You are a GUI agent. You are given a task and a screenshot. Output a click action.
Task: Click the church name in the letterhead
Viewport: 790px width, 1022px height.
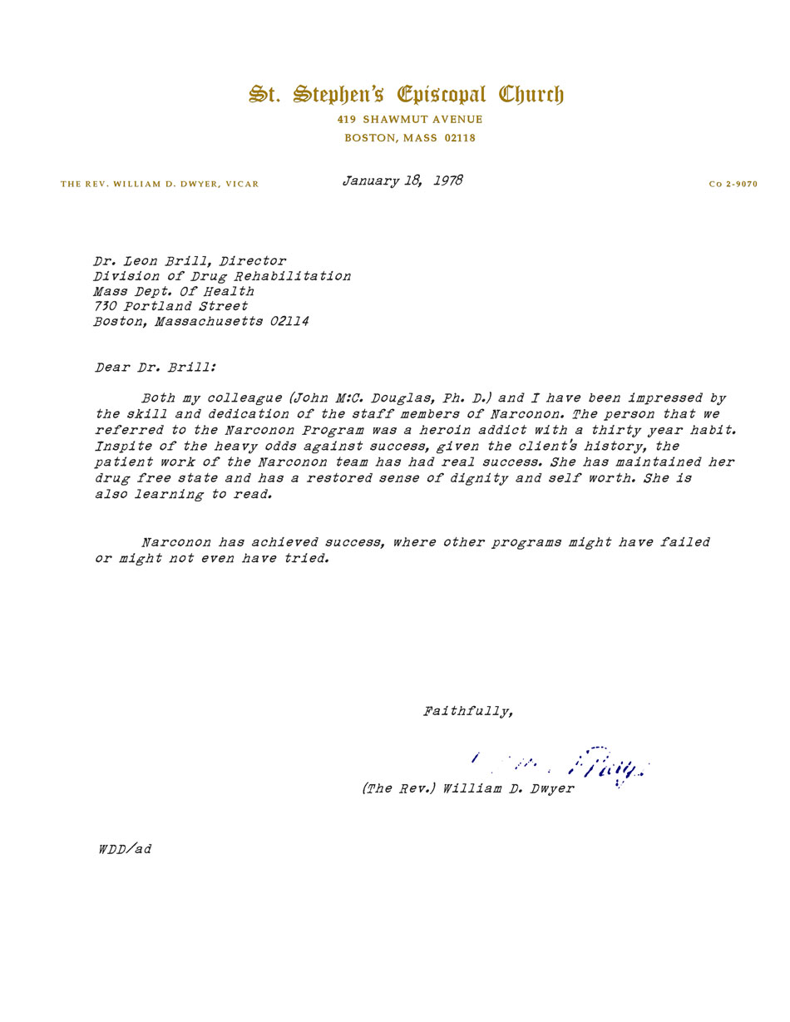[x=406, y=94]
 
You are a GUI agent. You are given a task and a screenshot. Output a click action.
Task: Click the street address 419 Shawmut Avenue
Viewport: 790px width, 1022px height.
[x=410, y=120]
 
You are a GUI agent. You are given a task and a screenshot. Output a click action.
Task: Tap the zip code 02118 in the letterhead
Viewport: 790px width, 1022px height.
[x=460, y=138]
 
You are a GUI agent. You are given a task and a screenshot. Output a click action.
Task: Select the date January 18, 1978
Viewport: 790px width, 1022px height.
[x=402, y=180]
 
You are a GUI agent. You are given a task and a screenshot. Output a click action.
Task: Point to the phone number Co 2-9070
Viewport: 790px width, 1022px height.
[x=733, y=185]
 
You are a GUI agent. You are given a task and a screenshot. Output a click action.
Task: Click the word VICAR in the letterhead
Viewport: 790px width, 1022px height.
[x=242, y=185]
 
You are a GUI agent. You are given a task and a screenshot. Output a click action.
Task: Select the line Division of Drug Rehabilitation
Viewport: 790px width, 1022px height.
[x=222, y=276]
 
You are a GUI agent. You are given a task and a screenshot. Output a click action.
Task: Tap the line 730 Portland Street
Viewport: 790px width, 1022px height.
[x=170, y=306]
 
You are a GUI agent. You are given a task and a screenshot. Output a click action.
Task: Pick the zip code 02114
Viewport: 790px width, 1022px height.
[x=289, y=322]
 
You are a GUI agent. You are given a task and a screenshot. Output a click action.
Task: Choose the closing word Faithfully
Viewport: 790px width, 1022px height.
[x=467, y=711]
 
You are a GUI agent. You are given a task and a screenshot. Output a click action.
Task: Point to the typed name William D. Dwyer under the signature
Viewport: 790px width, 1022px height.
[x=508, y=788]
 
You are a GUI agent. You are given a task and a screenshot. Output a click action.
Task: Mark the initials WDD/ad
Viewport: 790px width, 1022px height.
[x=125, y=849]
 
